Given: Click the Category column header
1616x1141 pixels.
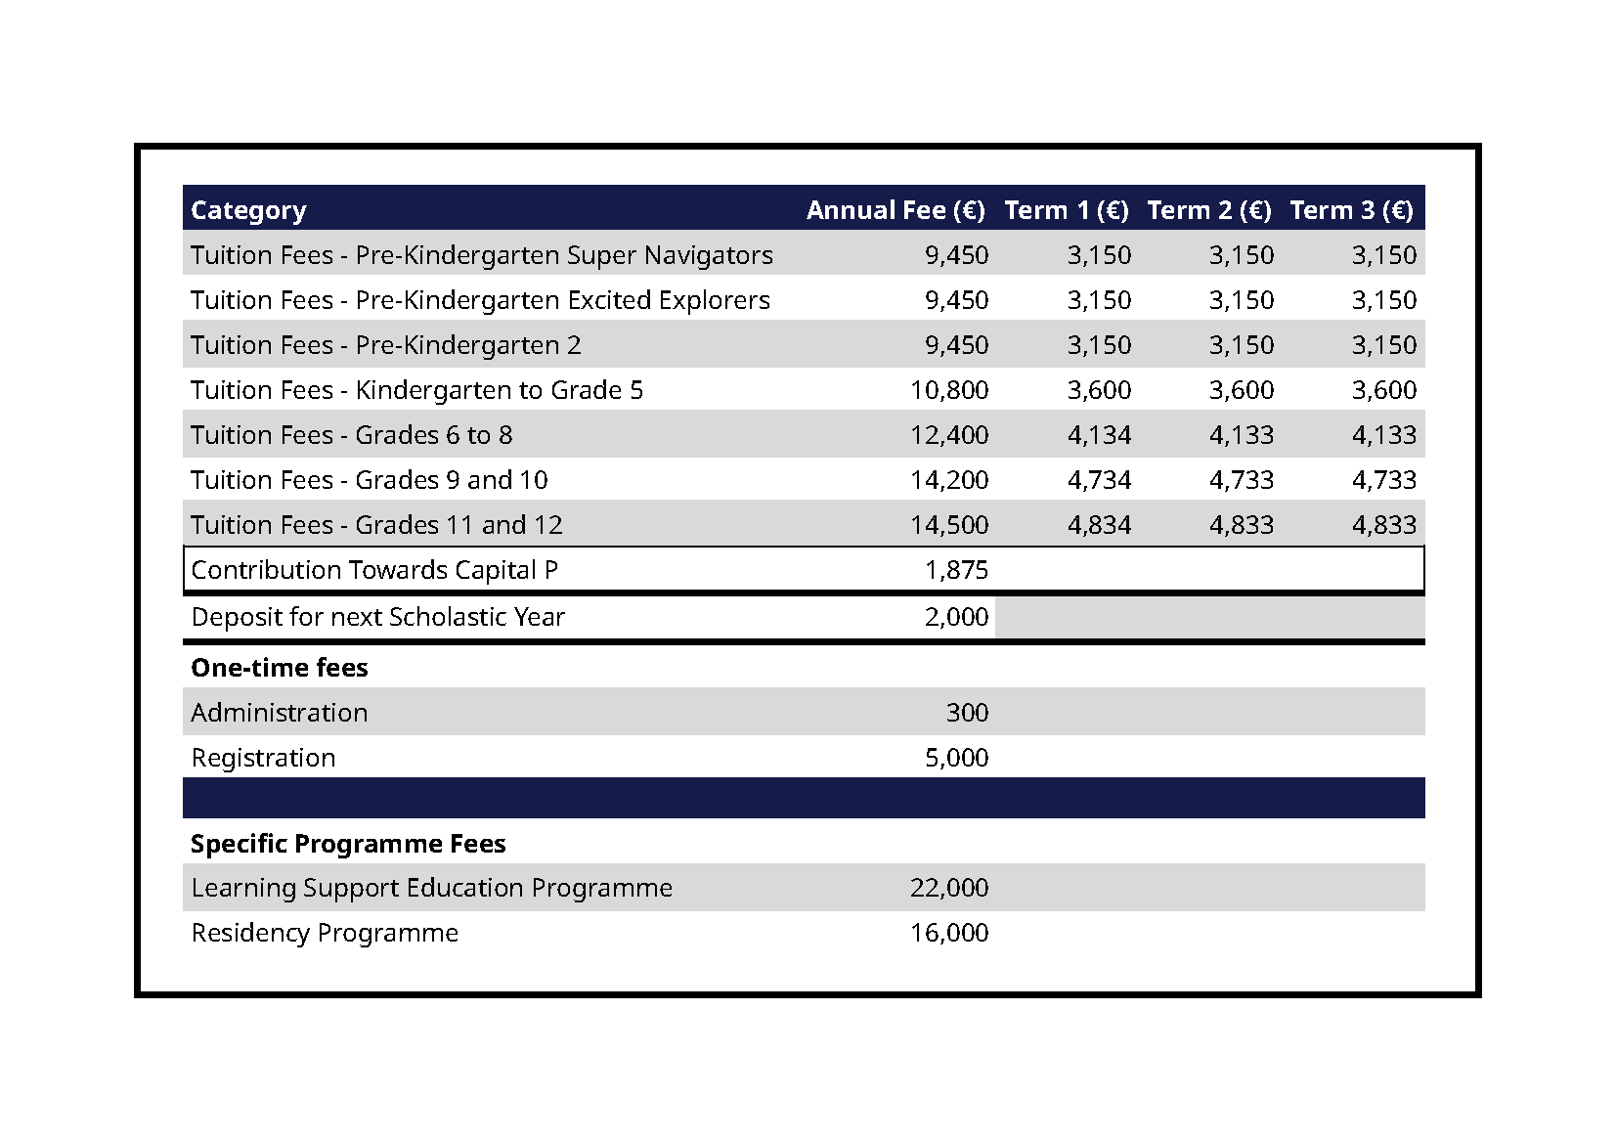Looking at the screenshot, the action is [x=248, y=211].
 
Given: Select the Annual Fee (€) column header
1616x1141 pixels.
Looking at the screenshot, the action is [x=895, y=210].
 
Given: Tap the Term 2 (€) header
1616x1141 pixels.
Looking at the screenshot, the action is [x=1209, y=210].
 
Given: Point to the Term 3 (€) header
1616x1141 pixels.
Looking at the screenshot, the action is [x=1352, y=210].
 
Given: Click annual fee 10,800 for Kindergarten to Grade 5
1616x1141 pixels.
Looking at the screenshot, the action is [x=949, y=390].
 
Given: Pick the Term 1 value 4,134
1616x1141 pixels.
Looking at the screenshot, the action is [x=1100, y=435].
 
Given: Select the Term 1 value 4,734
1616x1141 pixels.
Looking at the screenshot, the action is [x=1100, y=480].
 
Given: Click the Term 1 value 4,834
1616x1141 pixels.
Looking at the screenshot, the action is [x=1100, y=525].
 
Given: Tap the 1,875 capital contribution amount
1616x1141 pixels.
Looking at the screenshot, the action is [x=957, y=570].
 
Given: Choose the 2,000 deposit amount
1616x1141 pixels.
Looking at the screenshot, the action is [x=957, y=617].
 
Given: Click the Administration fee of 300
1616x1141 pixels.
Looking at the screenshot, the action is [x=968, y=713].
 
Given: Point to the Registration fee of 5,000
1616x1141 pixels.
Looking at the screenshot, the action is [x=957, y=758].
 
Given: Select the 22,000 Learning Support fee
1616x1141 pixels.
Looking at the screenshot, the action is [x=949, y=888].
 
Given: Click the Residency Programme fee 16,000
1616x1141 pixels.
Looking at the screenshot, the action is [x=949, y=933].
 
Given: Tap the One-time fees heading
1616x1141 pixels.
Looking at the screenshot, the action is [x=280, y=669].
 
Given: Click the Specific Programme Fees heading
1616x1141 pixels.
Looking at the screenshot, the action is [x=348, y=844].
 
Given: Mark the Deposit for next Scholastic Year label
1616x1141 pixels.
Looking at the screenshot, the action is [x=378, y=617].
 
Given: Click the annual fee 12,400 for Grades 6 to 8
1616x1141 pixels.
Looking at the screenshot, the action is [x=949, y=435].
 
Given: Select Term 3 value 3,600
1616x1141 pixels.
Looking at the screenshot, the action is [x=1384, y=390].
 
